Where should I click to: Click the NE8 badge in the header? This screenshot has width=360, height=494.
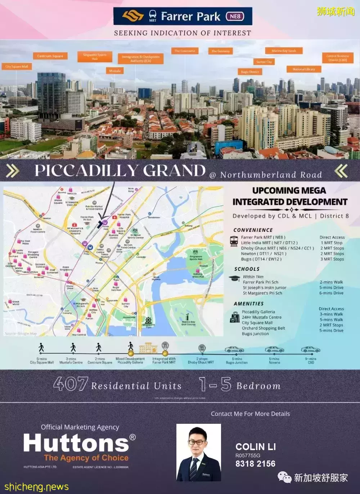click(235, 16)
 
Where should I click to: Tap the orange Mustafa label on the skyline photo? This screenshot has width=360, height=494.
click(115, 71)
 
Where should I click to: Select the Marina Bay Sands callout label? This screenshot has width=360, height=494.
click(284, 51)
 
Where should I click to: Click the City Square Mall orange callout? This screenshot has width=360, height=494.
click(17, 67)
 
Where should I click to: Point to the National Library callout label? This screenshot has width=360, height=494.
click(304, 69)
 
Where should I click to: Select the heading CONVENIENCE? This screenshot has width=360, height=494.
click(253, 230)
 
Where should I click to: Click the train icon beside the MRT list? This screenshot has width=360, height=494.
click(234, 241)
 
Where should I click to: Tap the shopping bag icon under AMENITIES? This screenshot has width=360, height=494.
click(235, 318)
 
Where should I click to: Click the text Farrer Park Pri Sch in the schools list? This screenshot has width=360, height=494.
click(260, 282)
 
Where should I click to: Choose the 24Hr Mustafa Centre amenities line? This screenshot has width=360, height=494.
click(261, 317)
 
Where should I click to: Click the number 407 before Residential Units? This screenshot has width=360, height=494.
click(71, 384)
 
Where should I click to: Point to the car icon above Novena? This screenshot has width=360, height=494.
click(274, 350)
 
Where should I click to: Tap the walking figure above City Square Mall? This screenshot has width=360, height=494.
click(41, 347)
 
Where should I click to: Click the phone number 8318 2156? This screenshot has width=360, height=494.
click(255, 464)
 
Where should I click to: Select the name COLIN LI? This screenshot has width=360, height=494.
click(256, 447)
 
